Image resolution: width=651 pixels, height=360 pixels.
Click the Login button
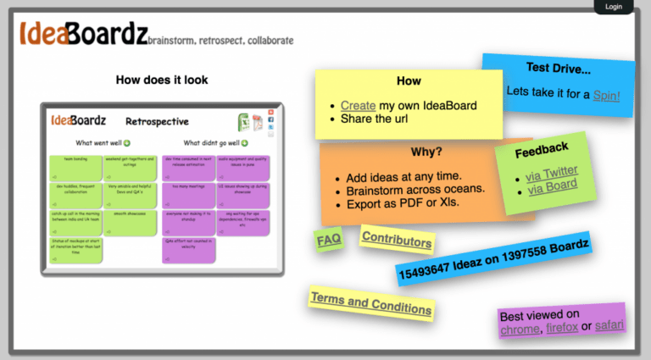coord(614,7)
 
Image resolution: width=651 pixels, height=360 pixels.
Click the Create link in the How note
coord(358,106)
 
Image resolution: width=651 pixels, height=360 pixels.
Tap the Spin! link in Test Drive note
coord(606,95)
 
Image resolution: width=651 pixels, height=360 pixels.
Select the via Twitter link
coord(551,172)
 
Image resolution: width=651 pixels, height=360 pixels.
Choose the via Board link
coord(552,186)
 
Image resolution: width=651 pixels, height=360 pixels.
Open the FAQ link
coord(329,241)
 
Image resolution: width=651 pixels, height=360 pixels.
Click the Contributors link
coord(396,241)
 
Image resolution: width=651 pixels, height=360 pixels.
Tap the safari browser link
coord(609,324)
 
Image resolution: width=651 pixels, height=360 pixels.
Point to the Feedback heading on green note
coord(542,149)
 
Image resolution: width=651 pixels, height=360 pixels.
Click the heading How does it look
coord(161,80)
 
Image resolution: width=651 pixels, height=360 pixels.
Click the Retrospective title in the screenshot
coord(157,122)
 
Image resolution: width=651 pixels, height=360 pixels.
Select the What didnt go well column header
coord(212,143)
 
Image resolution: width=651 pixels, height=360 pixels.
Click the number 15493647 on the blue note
coord(431,269)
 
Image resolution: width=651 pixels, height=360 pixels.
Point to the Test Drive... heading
coord(558,68)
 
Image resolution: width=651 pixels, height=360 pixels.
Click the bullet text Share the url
coord(374,119)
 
